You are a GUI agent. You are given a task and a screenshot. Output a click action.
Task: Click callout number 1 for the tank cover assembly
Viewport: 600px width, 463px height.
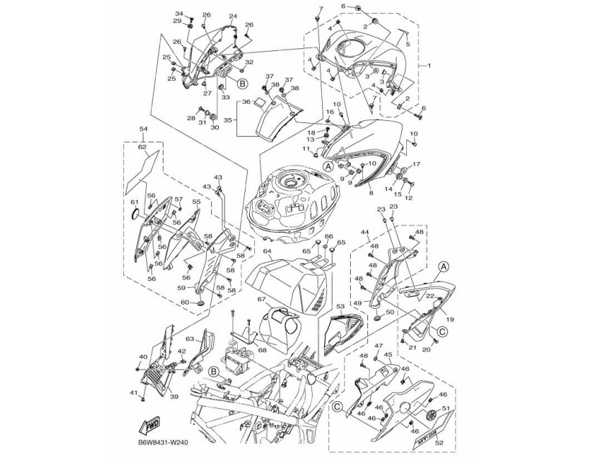tap(429, 66)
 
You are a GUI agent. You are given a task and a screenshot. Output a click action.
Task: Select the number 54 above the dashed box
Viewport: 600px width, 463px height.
tap(142, 128)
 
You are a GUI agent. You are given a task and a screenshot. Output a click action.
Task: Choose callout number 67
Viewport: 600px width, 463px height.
tap(262, 299)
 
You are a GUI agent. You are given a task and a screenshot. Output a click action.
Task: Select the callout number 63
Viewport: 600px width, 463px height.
tap(190, 338)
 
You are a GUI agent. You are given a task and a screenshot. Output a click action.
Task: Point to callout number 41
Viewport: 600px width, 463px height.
tap(133, 392)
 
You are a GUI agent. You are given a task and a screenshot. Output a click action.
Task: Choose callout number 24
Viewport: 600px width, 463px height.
tap(233, 16)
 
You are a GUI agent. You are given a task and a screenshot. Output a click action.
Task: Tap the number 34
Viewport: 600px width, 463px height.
tap(179, 14)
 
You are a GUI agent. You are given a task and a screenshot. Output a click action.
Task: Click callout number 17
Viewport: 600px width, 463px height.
tap(416, 164)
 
